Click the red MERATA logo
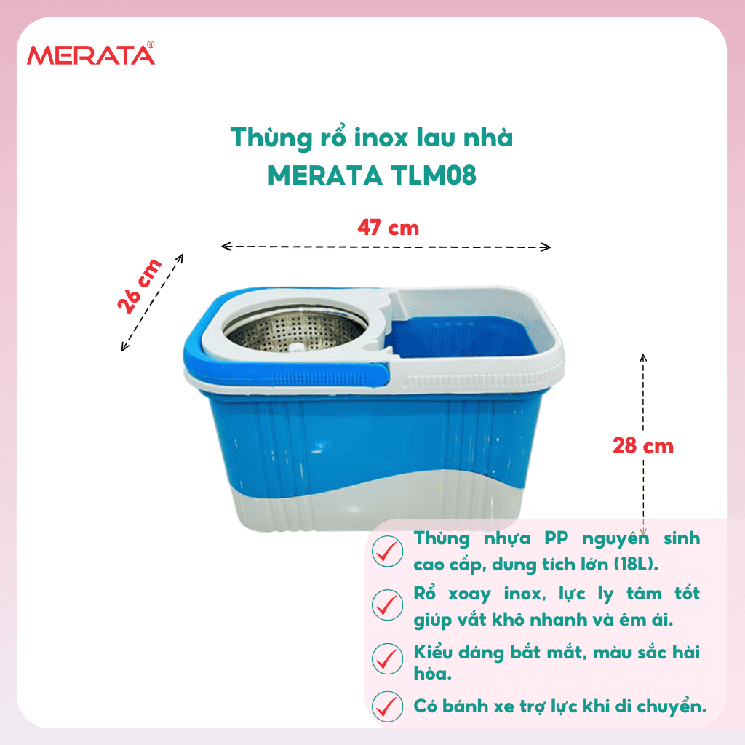(91, 54)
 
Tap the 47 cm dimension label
(389, 228)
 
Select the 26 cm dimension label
(140, 287)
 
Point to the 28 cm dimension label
(643, 446)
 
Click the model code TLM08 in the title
(434, 175)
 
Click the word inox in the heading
(381, 138)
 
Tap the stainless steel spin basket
(295, 330)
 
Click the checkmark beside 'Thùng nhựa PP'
(387, 551)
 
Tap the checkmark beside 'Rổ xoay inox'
(387, 605)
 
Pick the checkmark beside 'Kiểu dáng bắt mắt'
(387, 658)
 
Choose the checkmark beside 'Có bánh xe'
(387, 706)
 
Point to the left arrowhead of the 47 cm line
(226, 246)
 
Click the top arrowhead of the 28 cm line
(643, 358)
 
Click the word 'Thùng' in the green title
(271, 138)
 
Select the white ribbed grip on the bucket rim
(480, 380)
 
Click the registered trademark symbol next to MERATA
(151, 44)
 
